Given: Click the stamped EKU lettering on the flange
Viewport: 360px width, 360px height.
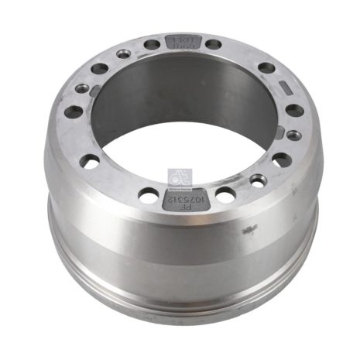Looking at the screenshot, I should pyautogui.click(x=178, y=39).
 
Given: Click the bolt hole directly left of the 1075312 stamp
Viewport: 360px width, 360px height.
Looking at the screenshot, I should pyautogui.click(x=148, y=195).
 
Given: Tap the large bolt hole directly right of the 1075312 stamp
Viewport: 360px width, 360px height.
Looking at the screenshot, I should pyautogui.click(x=225, y=194).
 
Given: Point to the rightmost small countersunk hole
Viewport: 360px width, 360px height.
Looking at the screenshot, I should pyautogui.click(x=293, y=135).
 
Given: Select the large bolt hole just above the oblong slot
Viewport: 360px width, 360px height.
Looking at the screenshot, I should pyautogui.click(x=266, y=67).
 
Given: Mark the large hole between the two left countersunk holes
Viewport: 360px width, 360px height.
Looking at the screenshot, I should pyautogui.click(x=99, y=69).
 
